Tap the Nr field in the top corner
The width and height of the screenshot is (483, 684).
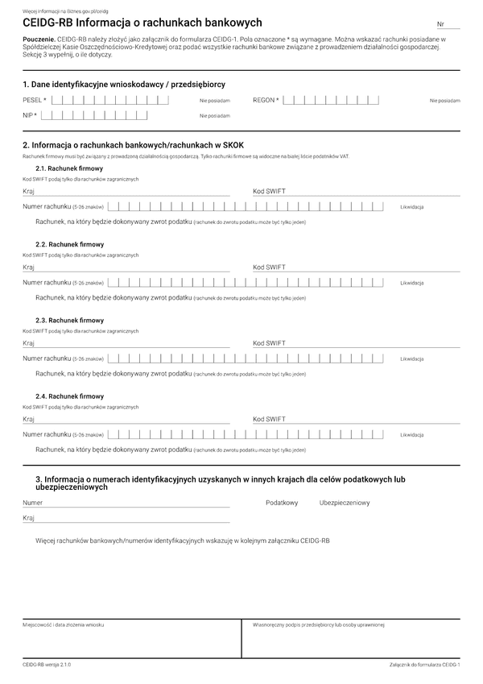coord(448,26)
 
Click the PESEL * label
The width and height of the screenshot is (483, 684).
coord(35,100)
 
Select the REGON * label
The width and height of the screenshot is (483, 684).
coord(266,100)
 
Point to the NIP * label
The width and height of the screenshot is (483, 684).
coord(30,115)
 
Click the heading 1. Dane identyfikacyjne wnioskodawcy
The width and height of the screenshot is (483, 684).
coord(124,84)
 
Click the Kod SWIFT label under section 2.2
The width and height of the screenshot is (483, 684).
coord(269,267)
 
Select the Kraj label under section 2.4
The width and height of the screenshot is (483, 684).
coord(29,419)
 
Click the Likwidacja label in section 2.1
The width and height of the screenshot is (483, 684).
coord(412,207)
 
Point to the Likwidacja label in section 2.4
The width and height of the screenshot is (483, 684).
coord(412,435)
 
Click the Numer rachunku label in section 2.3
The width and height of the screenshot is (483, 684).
coord(47,359)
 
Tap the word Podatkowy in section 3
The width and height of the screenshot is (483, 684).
coord(282,503)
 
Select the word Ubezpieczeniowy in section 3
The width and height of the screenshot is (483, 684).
coord(345,503)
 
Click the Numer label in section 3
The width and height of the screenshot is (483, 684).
coord(33,503)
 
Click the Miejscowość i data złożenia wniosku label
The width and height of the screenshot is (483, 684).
coord(63,624)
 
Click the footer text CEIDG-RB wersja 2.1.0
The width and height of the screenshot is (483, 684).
coord(47,665)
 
